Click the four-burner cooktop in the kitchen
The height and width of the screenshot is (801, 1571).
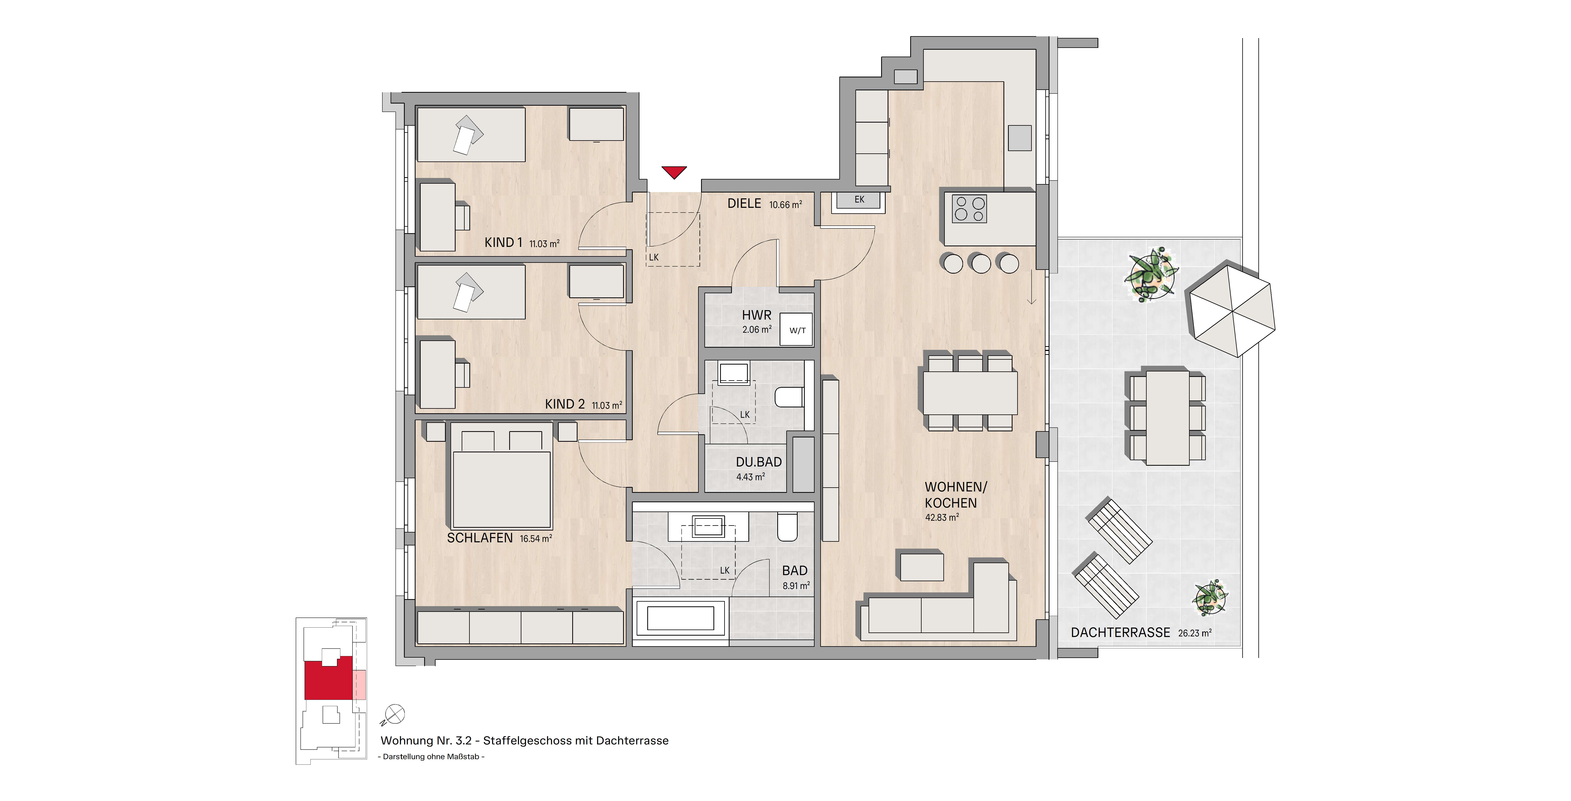(969, 208)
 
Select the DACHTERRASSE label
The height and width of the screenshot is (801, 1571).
(1120, 633)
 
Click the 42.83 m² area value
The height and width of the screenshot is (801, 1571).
(942, 517)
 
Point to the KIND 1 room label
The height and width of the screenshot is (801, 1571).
(503, 243)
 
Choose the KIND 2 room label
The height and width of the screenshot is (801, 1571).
(565, 404)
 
